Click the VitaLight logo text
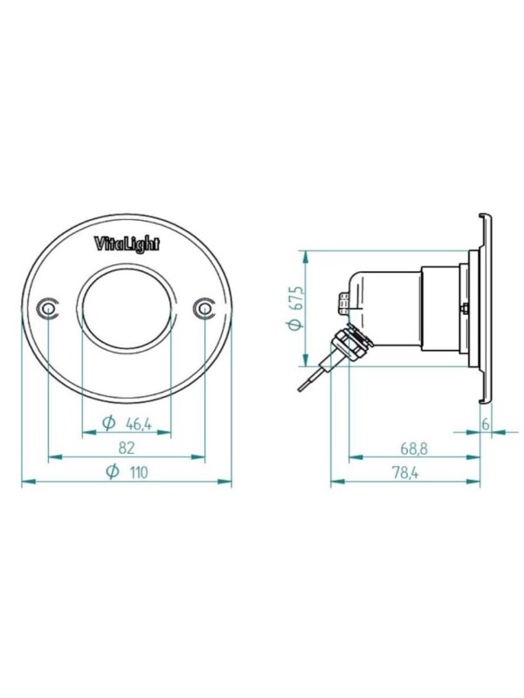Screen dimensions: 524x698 (127, 243)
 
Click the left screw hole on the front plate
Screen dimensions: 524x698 (48, 308)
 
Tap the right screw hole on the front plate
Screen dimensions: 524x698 (204, 308)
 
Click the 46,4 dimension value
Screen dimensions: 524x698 (139, 424)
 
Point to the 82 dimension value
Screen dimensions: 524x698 (127, 448)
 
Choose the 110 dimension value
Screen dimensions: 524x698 (139, 472)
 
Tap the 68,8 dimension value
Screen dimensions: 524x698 (414, 448)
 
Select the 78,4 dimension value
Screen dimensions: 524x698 (405, 473)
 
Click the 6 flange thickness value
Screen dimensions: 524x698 (486, 424)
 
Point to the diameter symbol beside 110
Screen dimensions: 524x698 (114, 471)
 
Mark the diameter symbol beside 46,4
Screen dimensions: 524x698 (108, 423)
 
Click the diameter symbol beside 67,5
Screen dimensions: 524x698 (294, 325)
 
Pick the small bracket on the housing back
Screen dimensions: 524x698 (343, 304)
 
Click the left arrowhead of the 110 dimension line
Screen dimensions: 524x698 (29, 482)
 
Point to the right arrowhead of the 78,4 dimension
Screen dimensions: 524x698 (473, 482)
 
